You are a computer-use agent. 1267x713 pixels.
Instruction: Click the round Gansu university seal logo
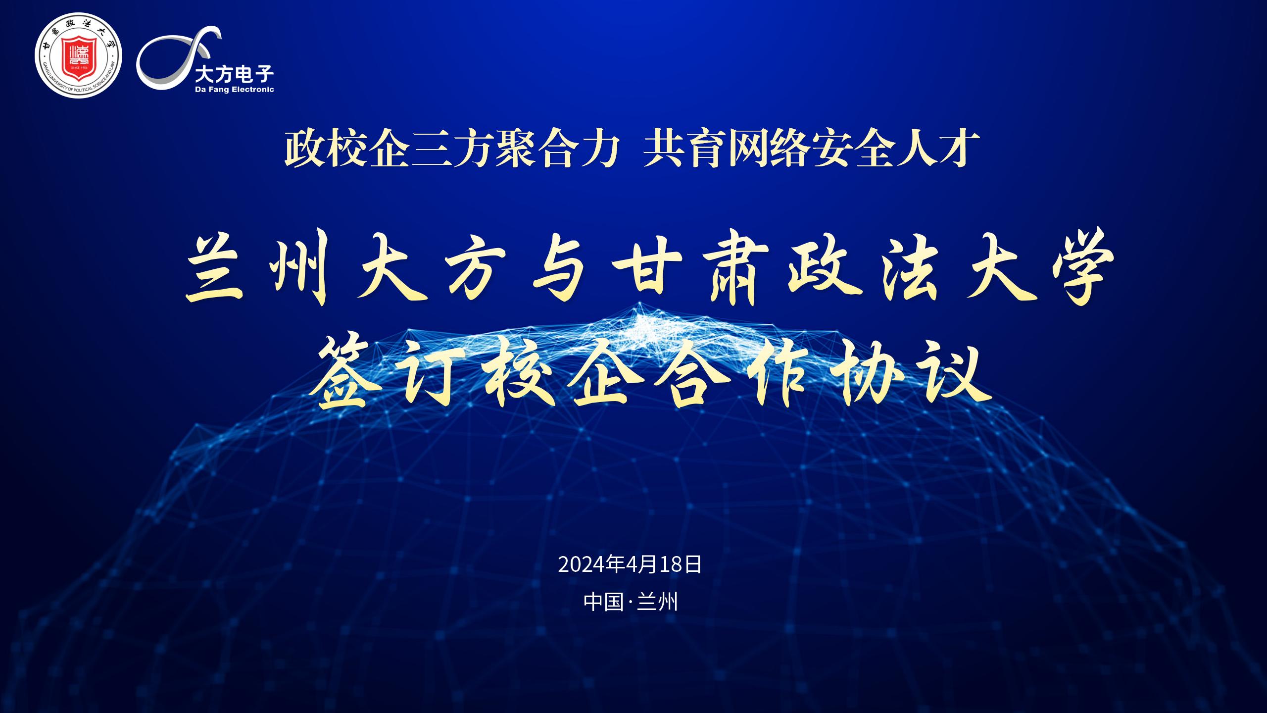click(x=78, y=55)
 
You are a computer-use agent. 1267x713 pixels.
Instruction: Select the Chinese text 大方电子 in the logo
click(x=234, y=75)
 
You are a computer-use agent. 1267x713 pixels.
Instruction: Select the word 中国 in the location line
click(x=603, y=602)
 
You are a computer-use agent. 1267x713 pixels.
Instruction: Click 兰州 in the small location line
click(x=657, y=602)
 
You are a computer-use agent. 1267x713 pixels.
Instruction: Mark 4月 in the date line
click(x=642, y=564)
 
